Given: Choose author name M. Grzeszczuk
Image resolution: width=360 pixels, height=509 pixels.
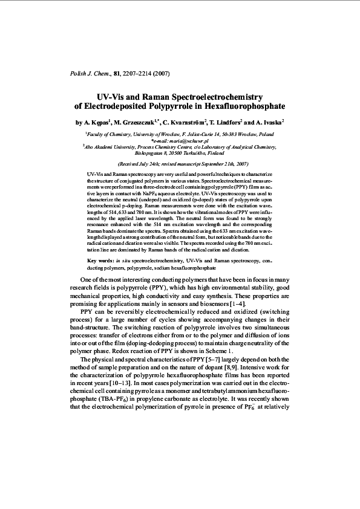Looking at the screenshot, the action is pyautogui.click(x=136, y=121).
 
